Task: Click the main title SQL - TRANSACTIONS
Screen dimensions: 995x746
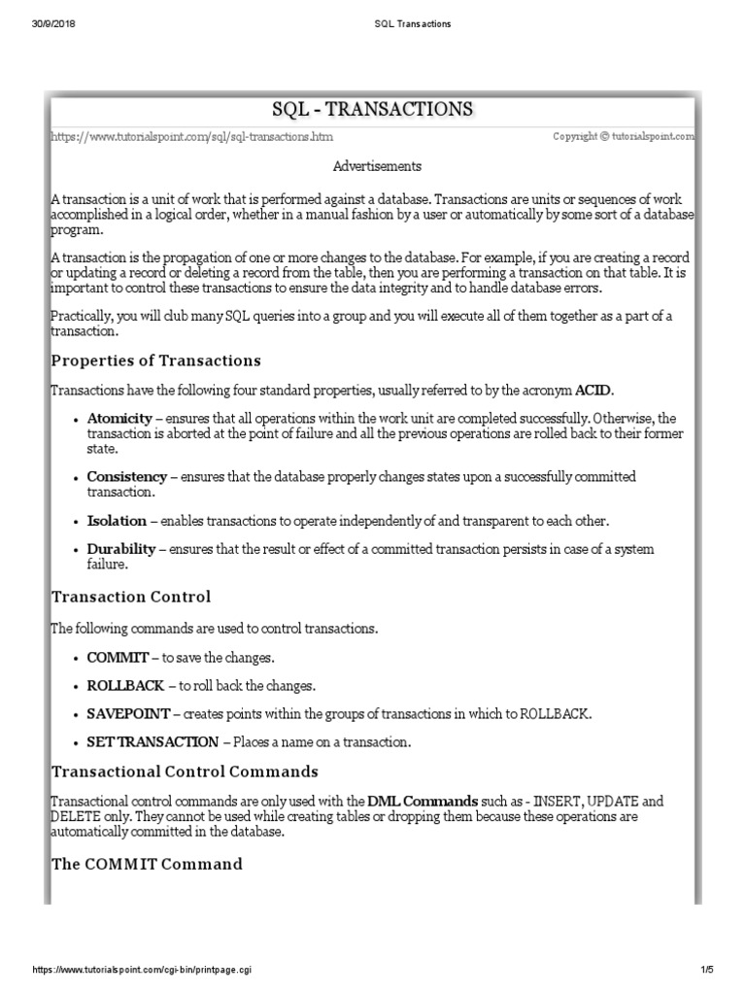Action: pos(373,108)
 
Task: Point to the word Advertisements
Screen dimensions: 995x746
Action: pos(377,166)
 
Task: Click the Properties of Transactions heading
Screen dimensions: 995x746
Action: pos(155,360)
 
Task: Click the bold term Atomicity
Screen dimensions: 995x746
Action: pos(119,418)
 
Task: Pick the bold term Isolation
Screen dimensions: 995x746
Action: pos(117,521)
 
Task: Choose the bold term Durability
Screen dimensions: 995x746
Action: pos(122,549)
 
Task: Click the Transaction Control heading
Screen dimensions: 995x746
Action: pos(130,596)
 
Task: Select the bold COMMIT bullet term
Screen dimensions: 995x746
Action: pos(117,658)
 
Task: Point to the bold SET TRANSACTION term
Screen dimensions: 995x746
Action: pos(153,742)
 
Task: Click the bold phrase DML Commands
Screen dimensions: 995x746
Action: pos(423,801)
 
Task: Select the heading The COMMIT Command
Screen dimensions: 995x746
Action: pos(146,864)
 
